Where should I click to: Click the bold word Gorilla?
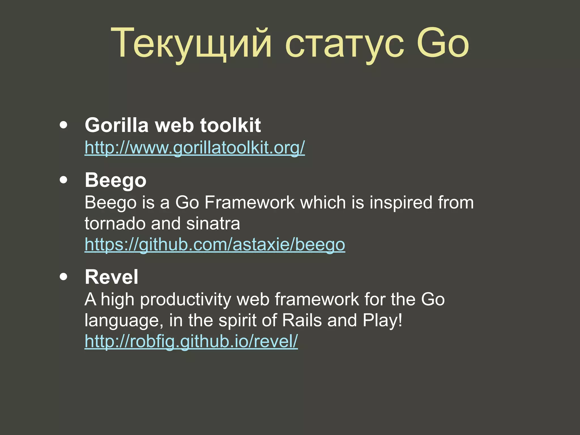116,125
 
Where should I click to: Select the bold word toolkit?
230,125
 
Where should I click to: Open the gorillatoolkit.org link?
195,148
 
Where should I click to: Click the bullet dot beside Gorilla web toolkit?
64,125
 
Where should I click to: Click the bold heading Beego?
116,180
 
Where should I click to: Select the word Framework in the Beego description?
249,202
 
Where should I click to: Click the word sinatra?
213,224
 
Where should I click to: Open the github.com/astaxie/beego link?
215,244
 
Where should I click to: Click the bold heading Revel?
112,277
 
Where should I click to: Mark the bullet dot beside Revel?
64,277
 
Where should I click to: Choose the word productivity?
185,300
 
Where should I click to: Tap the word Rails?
302,320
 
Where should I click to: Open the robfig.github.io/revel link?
191,341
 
